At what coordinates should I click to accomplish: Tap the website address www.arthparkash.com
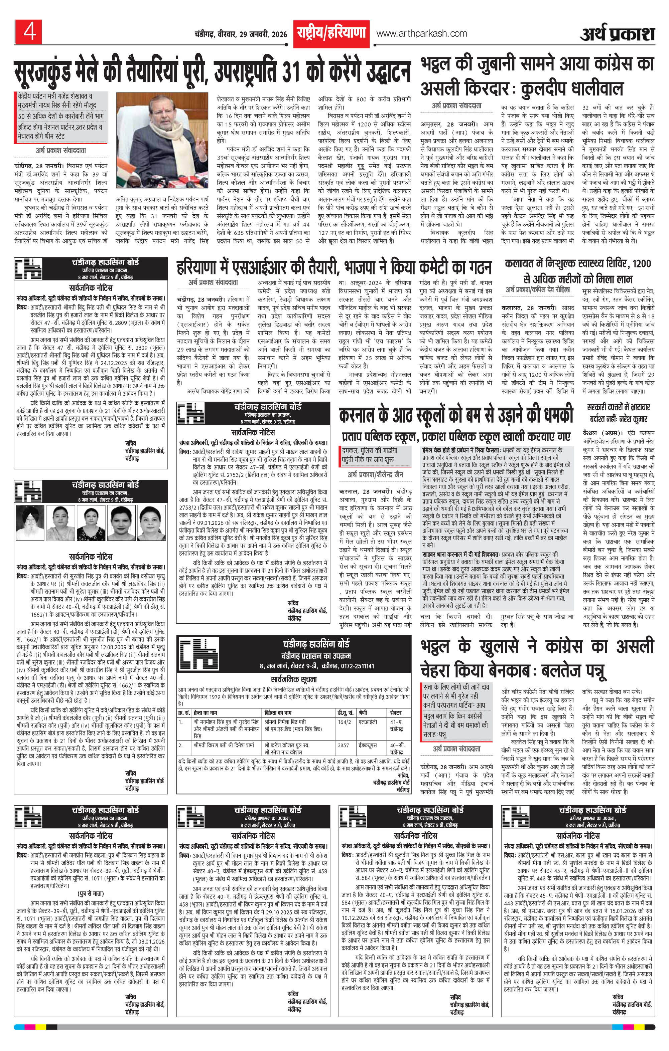[x=421, y=33]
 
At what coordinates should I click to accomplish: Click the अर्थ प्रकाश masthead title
[x=618, y=33]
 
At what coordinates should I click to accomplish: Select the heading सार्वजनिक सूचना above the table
[x=294, y=679]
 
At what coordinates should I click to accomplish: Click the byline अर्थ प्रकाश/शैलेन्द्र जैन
[x=375, y=474]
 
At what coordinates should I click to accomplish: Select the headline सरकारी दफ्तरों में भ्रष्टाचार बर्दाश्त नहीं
[x=618, y=413]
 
